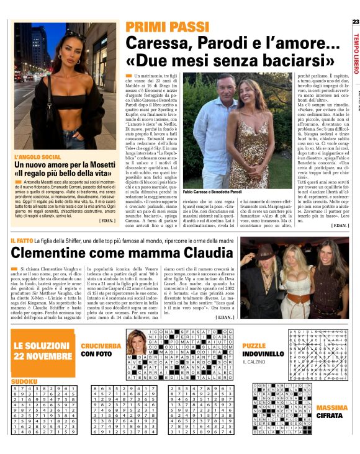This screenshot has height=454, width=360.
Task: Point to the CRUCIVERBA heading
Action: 100,345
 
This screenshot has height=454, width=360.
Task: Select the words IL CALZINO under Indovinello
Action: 254,362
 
